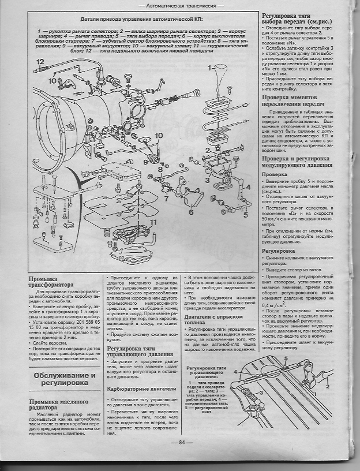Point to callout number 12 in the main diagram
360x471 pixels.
pyautogui.click(x=40, y=61)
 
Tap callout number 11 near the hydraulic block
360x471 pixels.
pyautogui.click(x=152, y=222)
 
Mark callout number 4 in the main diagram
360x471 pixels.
pyautogui.click(x=249, y=187)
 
